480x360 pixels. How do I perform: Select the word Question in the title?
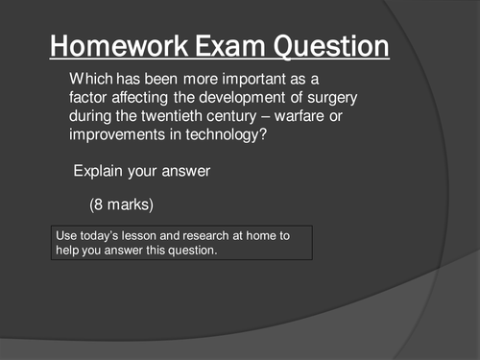330,45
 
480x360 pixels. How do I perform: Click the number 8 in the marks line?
100,205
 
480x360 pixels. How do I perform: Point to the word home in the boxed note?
269,234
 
